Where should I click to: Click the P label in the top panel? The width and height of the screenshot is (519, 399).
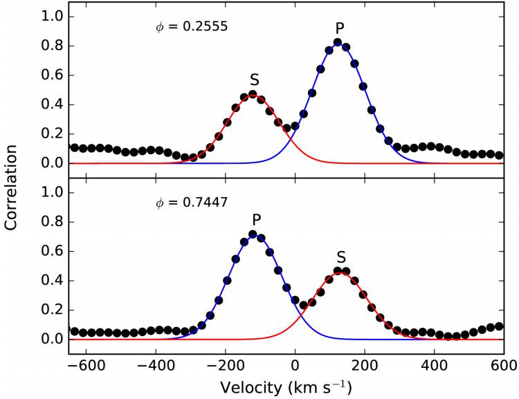(x=339, y=28)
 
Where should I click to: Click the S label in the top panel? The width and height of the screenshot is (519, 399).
(x=254, y=80)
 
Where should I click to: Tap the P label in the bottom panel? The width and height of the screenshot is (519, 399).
(x=257, y=220)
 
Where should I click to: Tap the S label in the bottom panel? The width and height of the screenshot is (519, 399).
(x=341, y=255)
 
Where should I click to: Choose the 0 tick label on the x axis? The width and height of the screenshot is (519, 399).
(x=295, y=364)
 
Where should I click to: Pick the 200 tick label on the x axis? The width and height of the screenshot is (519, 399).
(x=365, y=364)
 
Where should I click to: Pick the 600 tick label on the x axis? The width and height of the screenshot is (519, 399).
(x=504, y=364)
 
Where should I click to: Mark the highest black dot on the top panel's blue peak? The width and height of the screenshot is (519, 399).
(x=338, y=43)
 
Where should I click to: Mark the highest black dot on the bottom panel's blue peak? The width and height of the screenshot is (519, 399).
(x=253, y=234)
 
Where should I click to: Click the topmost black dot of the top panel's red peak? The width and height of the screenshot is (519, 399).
(x=253, y=94)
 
